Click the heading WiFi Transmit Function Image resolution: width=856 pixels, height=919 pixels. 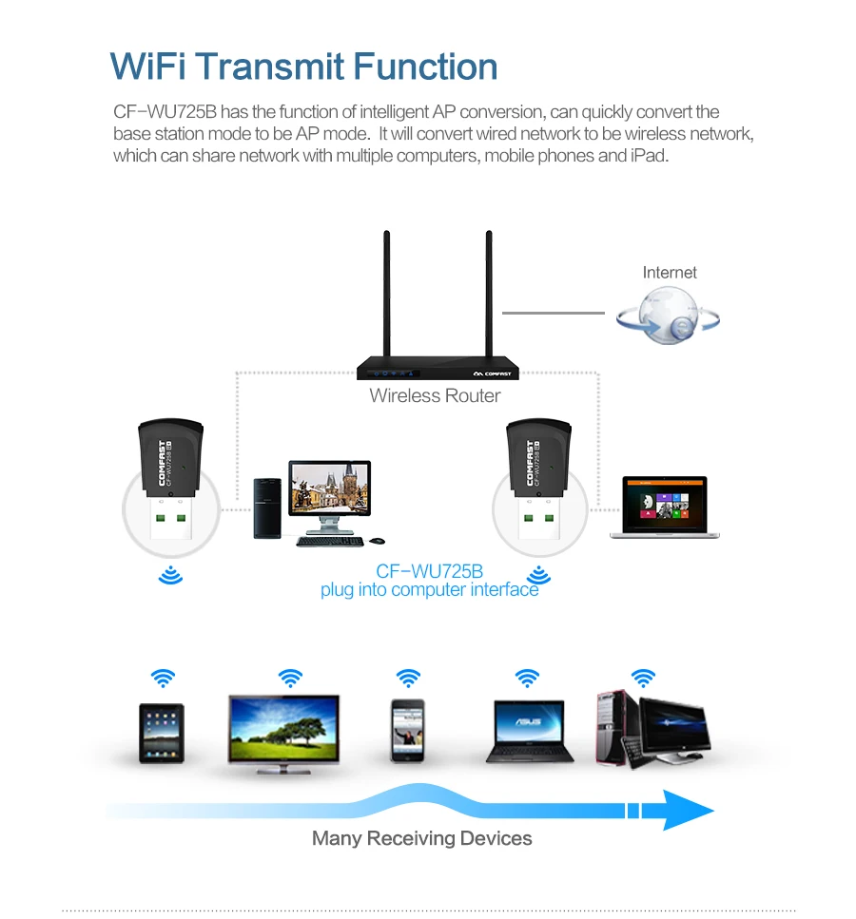[x=303, y=67]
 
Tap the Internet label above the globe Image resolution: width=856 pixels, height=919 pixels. [x=670, y=273]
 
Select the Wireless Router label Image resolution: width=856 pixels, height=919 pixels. [x=435, y=396]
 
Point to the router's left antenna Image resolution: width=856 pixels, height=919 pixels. [x=388, y=295]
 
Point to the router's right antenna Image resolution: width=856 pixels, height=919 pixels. [x=488, y=295]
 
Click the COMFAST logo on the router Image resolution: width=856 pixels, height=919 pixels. [x=492, y=373]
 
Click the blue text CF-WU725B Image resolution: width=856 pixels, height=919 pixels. [x=429, y=571]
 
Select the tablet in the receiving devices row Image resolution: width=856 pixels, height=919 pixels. [x=161, y=732]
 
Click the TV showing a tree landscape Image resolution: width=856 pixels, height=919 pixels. [x=283, y=732]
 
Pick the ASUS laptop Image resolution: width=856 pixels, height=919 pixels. [x=530, y=731]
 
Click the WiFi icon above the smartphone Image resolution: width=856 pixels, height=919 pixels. [x=408, y=679]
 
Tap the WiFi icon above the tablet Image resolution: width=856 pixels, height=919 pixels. [x=163, y=679]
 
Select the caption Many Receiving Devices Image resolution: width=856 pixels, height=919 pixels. [x=421, y=838]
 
